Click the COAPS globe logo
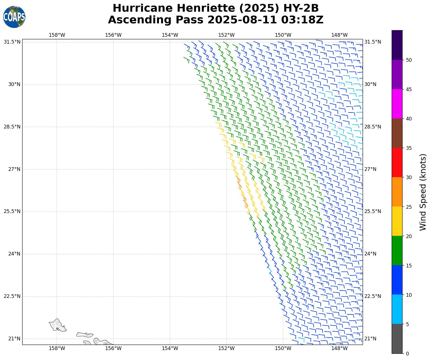point(14,17)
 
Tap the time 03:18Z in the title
point(302,20)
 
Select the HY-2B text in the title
point(302,8)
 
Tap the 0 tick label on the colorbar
point(407,354)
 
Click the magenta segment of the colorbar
point(397,104)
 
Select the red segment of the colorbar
point(397,163)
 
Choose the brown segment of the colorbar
point(397,133)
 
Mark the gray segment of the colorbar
point(397,339)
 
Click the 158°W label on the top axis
point(57,35)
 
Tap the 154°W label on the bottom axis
point(170,348)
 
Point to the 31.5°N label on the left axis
point(12,42)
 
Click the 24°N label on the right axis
point(370,254)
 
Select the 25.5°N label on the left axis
point(12,212)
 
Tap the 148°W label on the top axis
point(340,35)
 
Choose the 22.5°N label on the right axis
point(373,296)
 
